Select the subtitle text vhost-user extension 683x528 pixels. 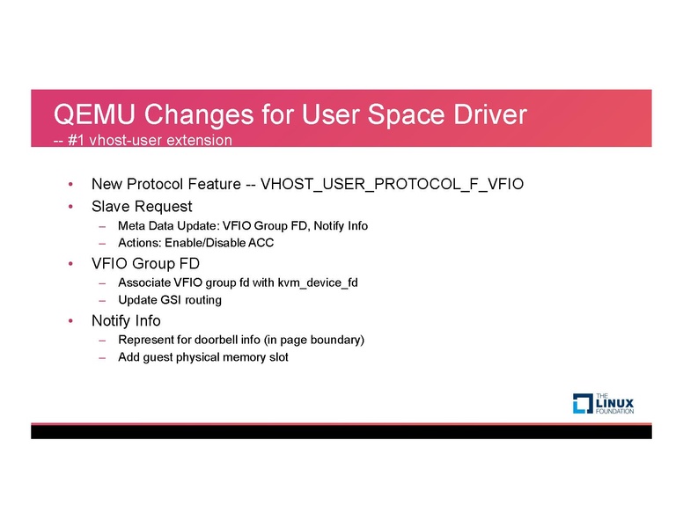point(157,140)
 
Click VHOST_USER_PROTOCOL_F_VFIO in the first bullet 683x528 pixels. point(393,185)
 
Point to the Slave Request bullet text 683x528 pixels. point(141,207)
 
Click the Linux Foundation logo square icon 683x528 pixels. point(583,403)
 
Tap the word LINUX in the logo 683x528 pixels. point(615,403)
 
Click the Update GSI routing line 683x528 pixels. point(169,300)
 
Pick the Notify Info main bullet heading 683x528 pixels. point(126,320)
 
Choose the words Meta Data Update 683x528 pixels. point(167,226)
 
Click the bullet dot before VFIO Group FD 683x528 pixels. point(70,263)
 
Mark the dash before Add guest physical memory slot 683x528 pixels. point(103,357)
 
